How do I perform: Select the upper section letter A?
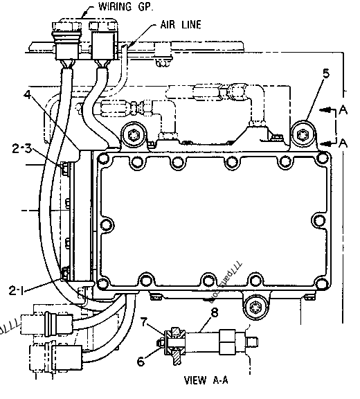[343, 110]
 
